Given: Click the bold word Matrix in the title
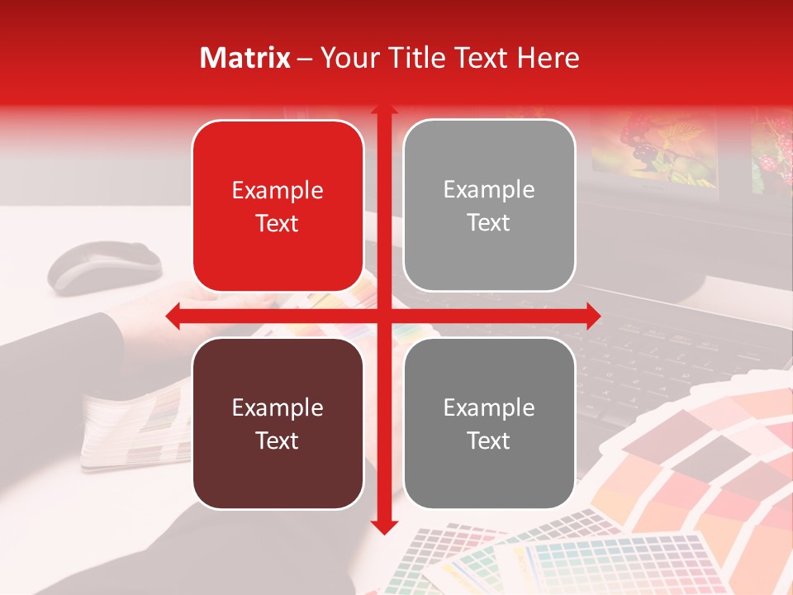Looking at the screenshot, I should [245, 58].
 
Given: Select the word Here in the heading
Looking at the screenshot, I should [548, 58].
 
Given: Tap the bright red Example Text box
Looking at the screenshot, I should [278, 206].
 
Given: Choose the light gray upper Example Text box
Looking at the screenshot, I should [489, 206].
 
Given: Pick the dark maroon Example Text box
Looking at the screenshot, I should [278, 423].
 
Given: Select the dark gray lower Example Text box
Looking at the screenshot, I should [489, 423].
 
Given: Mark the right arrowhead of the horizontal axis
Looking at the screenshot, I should [592, 315].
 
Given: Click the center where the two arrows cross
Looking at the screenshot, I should [384, 315].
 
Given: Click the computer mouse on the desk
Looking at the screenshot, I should [104, 267].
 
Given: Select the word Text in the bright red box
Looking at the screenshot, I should [278, 223].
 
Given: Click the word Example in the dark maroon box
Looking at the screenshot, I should [278, 407].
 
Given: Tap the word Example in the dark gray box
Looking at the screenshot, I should [489, 407].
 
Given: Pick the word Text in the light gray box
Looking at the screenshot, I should [489, 222].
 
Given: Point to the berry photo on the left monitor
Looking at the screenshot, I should [653, 149].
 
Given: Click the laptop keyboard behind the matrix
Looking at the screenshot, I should [661, 347].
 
